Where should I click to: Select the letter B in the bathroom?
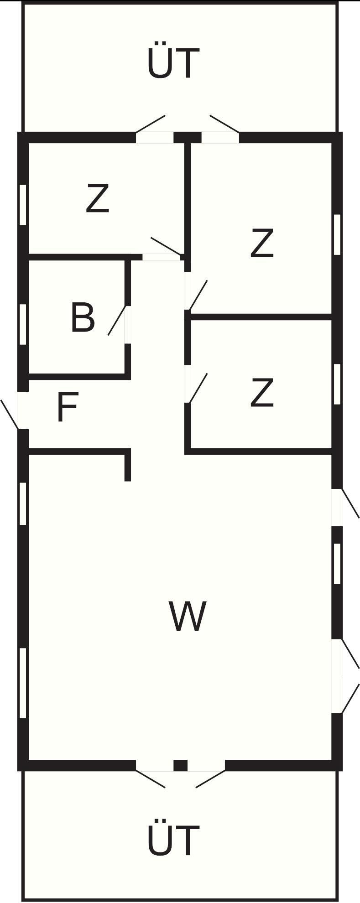coord(83,317)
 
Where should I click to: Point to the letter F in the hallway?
coord(68,407)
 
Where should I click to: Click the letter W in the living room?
coord(188,616)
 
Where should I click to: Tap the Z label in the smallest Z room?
coord(262,393)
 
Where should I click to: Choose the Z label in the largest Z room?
coord(262,244)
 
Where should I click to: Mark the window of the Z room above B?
coord(23,204)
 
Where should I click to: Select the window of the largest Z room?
coord(337,234)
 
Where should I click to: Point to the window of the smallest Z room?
coord(337,384)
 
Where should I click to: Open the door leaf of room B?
coord(116,321)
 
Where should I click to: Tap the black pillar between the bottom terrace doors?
coord(181,765)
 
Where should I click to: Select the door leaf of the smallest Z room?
coord(198,388)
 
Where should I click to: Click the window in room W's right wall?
coord(337,564)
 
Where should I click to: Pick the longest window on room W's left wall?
coord(23,683)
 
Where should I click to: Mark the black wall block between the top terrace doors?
coord(188,137)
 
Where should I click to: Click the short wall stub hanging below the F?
coord(128,466)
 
